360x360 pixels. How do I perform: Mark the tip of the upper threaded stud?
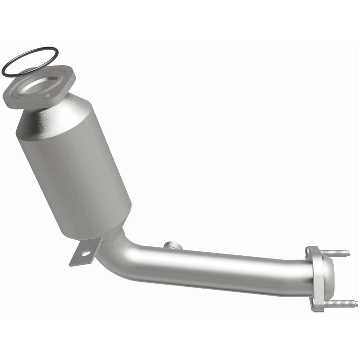coord(348,253)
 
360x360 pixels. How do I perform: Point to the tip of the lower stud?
coord(356,303)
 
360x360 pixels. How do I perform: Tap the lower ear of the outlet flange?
coord(316,305)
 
